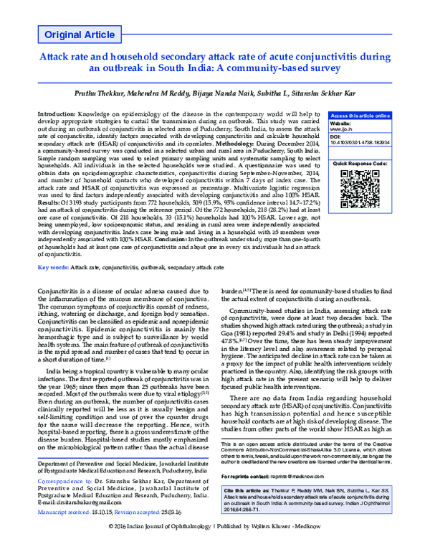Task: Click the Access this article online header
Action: (x=360, y=116)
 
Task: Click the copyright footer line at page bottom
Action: (x=215, y=547)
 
